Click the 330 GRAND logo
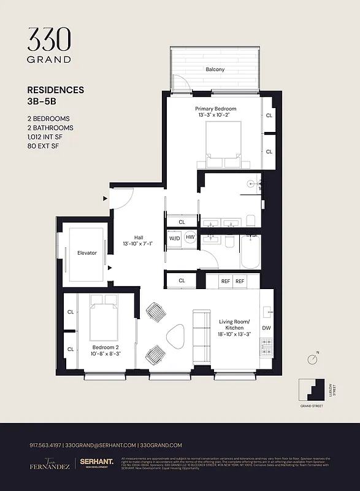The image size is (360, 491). point(49,45)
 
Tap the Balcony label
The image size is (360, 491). point(215,69)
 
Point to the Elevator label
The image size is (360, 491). point(87,253)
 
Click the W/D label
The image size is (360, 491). point(174,238)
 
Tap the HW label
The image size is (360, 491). point(190,238)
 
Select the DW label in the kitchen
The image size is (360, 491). point(266,328)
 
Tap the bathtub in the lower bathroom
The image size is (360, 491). point(251,252)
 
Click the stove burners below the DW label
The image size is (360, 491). point(266,349)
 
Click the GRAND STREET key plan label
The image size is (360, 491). point(312,406)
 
